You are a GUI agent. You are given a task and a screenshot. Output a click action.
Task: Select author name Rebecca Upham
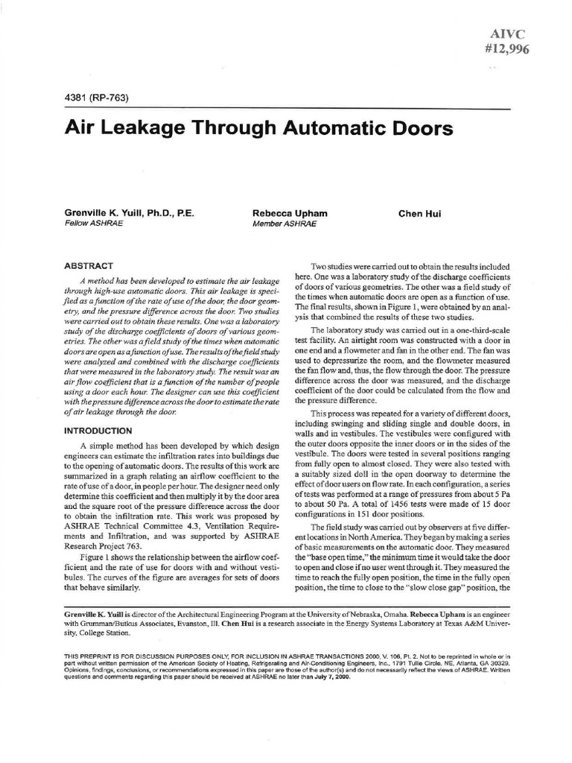(290, 213)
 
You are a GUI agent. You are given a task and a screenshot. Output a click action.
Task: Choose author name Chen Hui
(420, 213)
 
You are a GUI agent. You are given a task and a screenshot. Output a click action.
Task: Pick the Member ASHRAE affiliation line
(285, 223)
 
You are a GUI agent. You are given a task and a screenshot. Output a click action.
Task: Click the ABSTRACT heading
(89, 265)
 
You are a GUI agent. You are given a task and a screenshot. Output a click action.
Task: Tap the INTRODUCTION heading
(98, 430)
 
